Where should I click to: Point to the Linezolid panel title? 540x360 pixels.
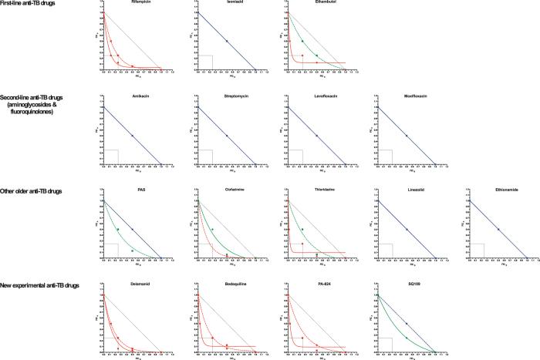(411, 190)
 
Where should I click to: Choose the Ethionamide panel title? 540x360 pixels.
(501, 190)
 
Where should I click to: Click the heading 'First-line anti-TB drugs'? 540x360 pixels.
(25, 5)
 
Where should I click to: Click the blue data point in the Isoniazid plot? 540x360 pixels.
(227, 40)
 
